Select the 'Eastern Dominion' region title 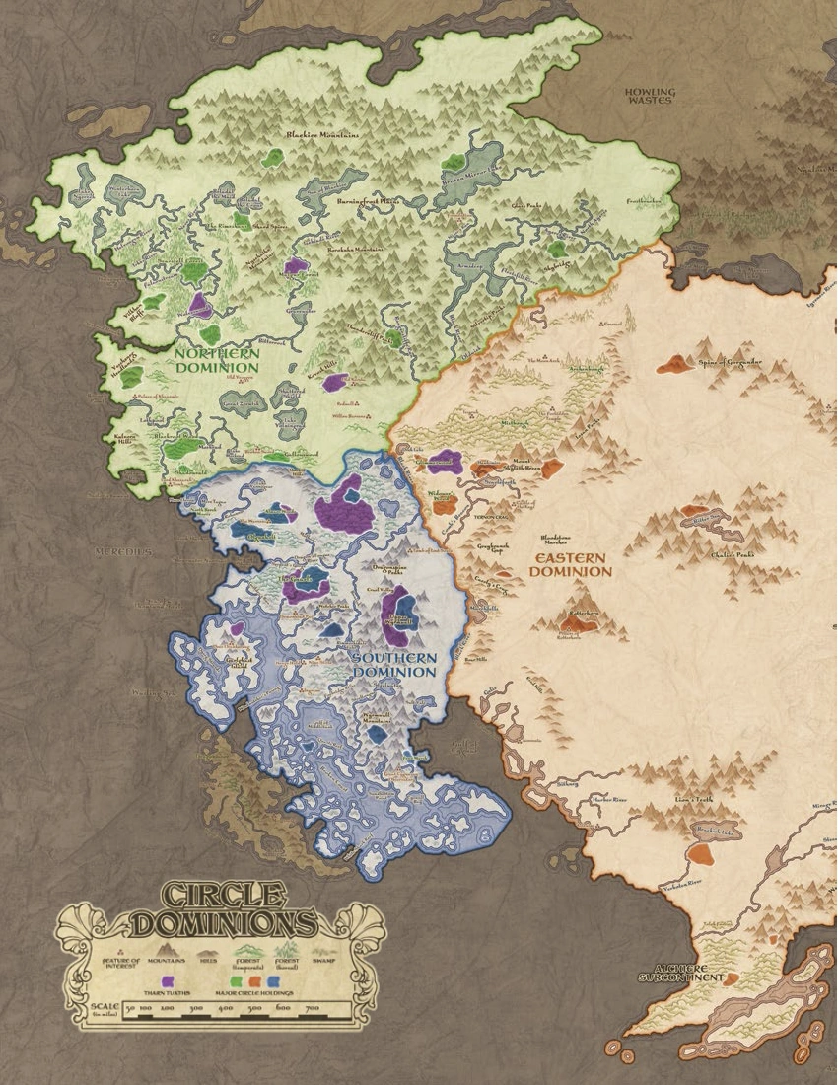(x=572, y=564)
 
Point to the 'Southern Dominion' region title (x=394, y=664)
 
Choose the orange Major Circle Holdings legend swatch (x=255, y=982)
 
